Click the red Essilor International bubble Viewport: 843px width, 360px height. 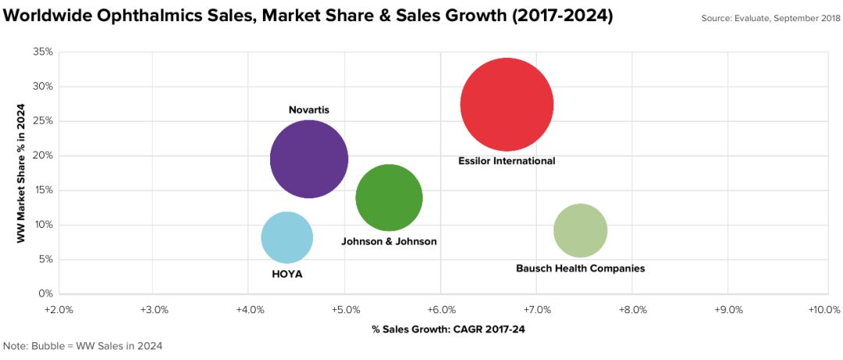[507, 105]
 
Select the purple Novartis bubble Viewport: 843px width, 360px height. [309, 159]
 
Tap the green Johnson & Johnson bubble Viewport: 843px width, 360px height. [389, 198]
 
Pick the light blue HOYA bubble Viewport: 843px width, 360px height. [286, 237]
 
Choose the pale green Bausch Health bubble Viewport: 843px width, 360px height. [580, 230]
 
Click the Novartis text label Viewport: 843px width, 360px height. [309, 110]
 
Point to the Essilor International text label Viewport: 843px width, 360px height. [507, 161]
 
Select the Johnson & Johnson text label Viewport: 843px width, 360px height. [389, 241]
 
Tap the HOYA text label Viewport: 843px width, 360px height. [286, 274]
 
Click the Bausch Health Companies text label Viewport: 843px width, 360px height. [580, 269]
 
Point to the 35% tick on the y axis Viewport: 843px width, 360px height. [43, 52]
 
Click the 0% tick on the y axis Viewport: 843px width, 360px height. [46, 294]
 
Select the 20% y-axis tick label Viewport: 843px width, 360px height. [43, 155]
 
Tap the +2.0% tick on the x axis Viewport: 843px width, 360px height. [59, 310]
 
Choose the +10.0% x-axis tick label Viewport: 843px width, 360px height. [823, 310]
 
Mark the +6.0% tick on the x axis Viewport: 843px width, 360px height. [441, 310]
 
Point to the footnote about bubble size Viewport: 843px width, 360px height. [83, 345]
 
